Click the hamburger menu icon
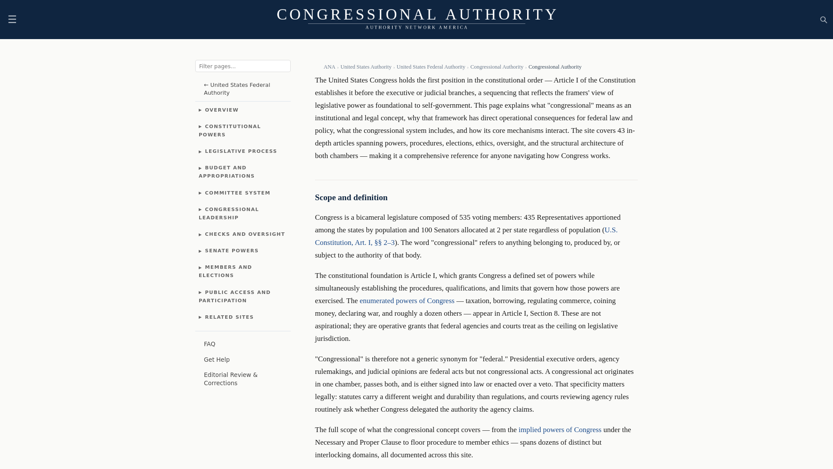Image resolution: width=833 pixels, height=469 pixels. (12, 19)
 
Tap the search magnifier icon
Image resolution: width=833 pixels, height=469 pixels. (823, 20)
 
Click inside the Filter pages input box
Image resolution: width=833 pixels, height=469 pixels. (243, 66)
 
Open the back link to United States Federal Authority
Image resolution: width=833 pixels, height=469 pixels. (237, 89)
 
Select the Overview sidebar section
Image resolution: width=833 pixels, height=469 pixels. (221, 110)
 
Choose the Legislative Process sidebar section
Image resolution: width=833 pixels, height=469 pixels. (240, 151)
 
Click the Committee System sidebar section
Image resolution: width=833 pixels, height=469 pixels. (237, 193)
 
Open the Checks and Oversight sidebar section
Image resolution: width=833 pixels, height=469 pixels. (244, 234)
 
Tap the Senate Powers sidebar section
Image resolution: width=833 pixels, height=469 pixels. (231, 251)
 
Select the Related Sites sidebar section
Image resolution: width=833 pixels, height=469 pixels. (229, 317)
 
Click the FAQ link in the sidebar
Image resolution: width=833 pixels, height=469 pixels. (210, 344)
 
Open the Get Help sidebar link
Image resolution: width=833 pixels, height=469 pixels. (216, 360)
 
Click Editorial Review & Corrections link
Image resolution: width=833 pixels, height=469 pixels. (230, 379)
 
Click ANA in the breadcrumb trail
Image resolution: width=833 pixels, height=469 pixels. (329, 67)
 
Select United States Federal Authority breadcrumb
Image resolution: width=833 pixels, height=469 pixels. (430, 67)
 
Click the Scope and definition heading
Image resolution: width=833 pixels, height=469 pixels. (351, 198)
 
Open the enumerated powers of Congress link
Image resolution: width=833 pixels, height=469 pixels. (407, 301)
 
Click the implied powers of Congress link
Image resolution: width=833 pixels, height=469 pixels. (560, 430)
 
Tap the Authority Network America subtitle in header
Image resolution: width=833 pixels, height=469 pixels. (416, 27)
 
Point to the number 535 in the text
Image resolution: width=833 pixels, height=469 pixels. (465, 218)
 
